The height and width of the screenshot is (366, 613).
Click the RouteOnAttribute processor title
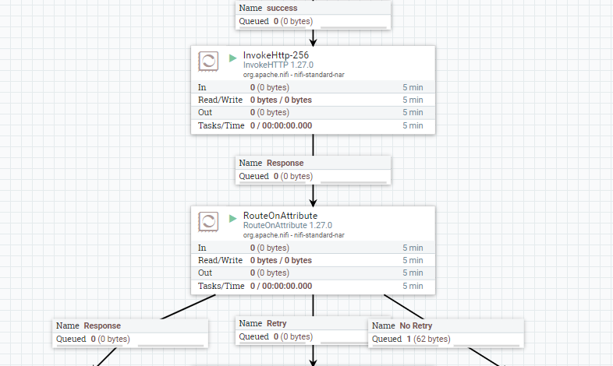[x=280, y=216]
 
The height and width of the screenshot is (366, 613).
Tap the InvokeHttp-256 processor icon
[x=208, y=62]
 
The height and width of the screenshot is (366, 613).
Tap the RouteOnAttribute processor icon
[x=208, y=221]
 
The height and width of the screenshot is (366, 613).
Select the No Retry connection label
[x=416, y=326]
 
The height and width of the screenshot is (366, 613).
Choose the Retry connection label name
[x=276, y=323]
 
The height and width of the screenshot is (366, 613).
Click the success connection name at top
[x=282, y=8]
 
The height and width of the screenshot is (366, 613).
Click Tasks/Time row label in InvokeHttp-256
[x=221, y=125]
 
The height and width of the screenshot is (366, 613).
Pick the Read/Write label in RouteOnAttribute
[x=221, y=260]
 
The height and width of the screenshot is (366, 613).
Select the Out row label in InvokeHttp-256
[x=205, y=113]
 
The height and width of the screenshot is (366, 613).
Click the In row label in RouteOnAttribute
[x=202, y=248]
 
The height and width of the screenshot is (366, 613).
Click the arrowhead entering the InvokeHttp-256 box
[x=313, y=41]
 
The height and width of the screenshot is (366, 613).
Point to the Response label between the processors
[x=285, y=164]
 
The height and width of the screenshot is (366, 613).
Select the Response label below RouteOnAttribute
[x=101, y=326]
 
